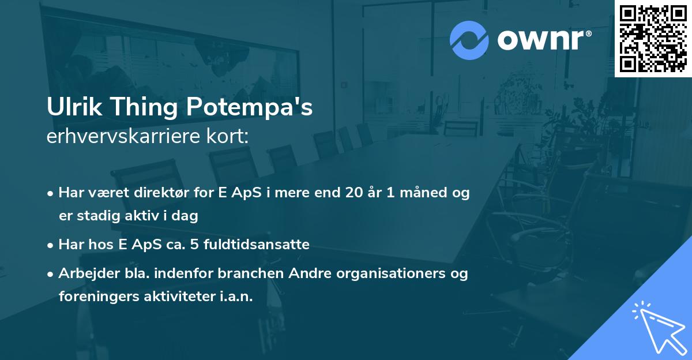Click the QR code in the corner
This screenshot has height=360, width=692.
point(653,38)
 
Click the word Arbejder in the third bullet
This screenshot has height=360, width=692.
point(85,273)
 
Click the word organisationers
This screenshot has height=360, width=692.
point(383,273)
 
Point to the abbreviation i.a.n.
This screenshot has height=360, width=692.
point(236,297)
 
